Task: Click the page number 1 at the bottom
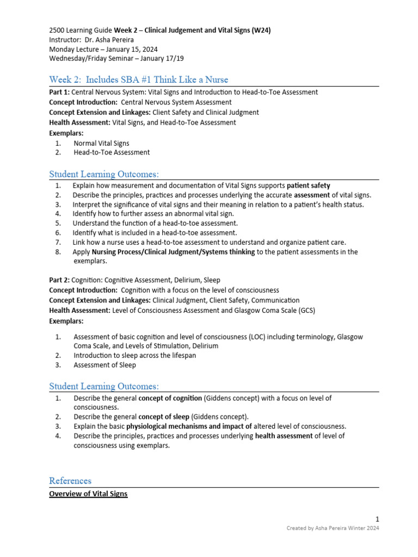pyautogui.click(x=377, y=518)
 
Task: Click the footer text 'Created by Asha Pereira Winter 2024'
pyautogui.click(x=333, y=528)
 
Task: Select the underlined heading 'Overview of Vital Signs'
pyautogui.click(x=88, y=494)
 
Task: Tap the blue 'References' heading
pyautogui.click(x=70, y=480)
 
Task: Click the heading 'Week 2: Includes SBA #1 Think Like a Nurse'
pyautogui.click(x=138, y=79)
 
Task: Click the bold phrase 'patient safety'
pyautogui.click(x=309, y=185)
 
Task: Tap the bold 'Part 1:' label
pyautogui.click(x=59, y=92)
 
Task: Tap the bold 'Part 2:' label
pyautogui.click(x=59, y=280)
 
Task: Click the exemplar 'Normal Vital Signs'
pyautogui.click(x=101, y=143)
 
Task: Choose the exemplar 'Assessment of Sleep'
pyautogui.click(x=104, y=365)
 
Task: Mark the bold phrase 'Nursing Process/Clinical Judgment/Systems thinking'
pyautogui.click(x=174, y=252)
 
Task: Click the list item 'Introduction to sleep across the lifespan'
pyautogui.click(x=134, y=355)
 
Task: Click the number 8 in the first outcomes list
pyautogui.click(x=58, y=252)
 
